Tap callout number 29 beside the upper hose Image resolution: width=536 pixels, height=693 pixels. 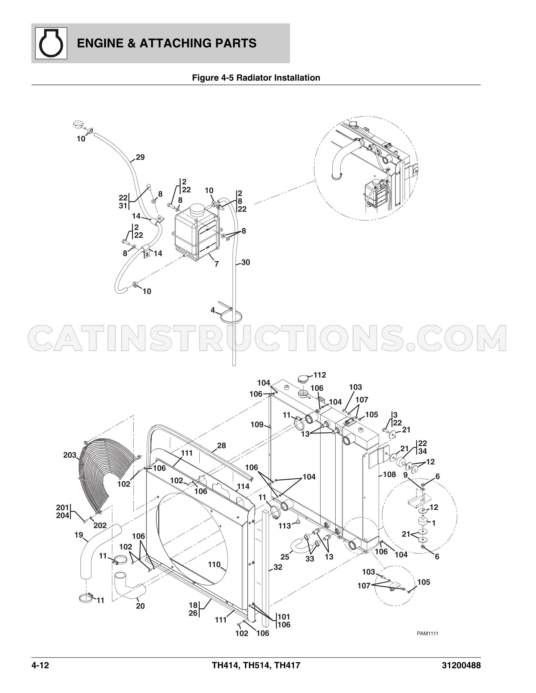point(140,157)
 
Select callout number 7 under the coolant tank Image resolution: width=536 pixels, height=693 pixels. point(216,264)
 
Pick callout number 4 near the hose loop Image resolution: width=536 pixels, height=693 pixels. point(213,310)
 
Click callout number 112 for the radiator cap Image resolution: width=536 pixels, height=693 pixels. point(320,375)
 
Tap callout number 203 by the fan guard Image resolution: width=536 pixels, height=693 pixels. point(70,455)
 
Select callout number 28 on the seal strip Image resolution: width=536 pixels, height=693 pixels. point(222,445)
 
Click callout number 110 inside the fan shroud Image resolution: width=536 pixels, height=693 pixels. point(214,564)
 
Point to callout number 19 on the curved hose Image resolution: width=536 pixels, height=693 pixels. point(79,535)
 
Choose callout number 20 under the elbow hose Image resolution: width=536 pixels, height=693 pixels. point(140,606)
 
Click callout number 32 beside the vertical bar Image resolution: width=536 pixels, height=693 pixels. point(278,567)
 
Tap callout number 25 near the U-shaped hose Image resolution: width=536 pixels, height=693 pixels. point(285,556)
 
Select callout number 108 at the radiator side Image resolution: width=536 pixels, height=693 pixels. point(390,474)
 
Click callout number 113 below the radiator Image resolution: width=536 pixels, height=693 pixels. point(285,526)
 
